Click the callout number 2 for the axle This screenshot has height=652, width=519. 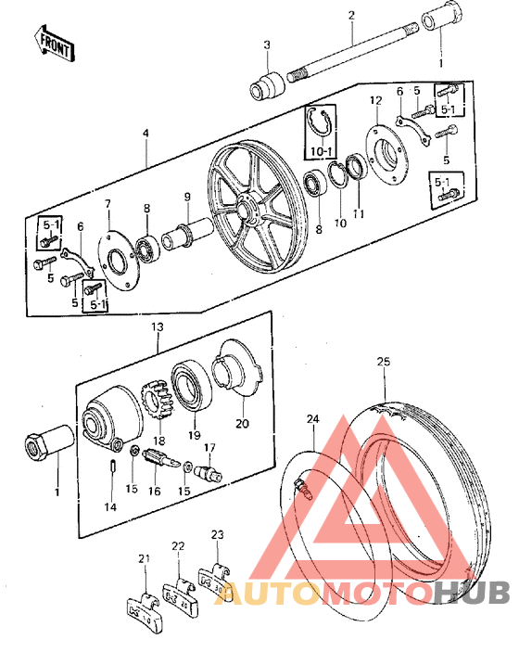[x=351, y=15]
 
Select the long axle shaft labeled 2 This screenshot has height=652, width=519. [x=352, y=58]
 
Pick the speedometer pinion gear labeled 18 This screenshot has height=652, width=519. [x=158, y=405]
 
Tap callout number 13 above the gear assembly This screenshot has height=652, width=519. [x=158, y=327]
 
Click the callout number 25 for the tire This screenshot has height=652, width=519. [x=383, y=360]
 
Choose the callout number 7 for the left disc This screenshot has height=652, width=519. [x=108, y=204]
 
